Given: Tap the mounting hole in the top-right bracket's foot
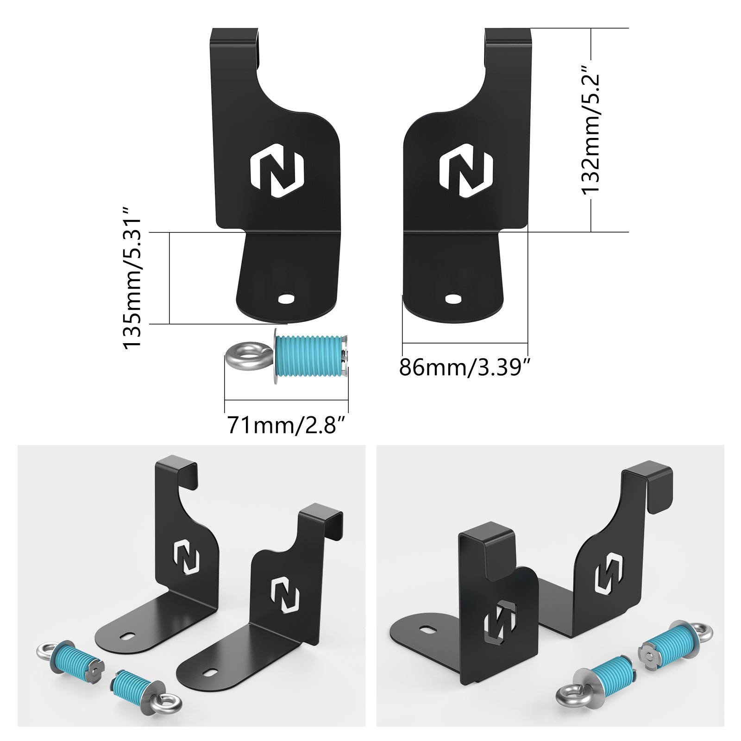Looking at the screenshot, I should [x=453, y=298].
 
